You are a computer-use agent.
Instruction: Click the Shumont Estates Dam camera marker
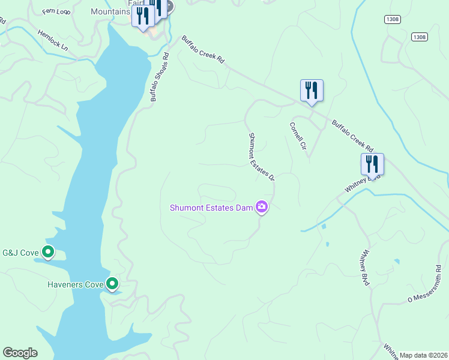[x=262, y=208]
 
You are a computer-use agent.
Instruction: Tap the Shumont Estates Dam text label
[x=211, y=208]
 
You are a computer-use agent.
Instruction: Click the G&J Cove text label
[x=20, y=253]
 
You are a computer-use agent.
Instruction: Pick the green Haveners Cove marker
[x=112, y=283]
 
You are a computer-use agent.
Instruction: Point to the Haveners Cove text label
[x=76, y=284]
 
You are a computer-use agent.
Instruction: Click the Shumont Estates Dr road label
[x=262, y=157]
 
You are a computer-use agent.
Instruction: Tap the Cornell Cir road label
[x=298, y=136]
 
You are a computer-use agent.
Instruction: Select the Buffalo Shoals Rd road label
[x=160, y=77]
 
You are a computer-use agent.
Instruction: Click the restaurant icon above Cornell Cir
[x=312, y=91]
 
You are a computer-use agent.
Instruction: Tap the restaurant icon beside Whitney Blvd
[x=372, y=164]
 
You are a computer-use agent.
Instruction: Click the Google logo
[x=20, y=353]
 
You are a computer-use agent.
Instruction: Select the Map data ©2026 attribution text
[x=423, y=355]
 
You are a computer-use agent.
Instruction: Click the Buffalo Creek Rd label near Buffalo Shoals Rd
[x=203, y=50]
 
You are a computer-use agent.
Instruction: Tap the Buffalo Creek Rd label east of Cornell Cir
[x=352, y=136]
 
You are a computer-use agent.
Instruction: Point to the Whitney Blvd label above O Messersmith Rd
[x=365, y=268]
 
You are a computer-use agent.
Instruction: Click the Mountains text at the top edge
[x=110, y=12]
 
